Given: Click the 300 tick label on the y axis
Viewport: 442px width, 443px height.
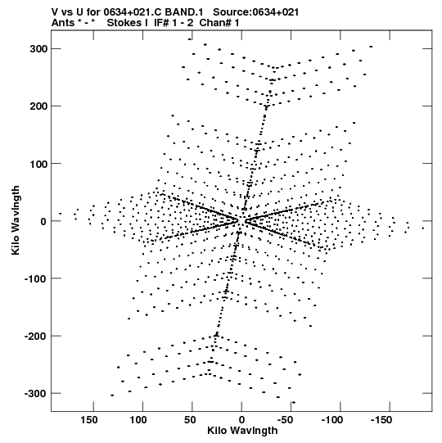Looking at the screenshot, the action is coord(38,49).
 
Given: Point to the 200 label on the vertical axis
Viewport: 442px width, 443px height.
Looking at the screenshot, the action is coord(38,106).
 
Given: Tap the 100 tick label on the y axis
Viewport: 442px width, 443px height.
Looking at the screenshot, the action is coord(38,164).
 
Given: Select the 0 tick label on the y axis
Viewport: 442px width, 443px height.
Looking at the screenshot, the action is coord(43,221).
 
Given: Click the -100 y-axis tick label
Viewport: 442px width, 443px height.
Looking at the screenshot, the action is coord(35,278).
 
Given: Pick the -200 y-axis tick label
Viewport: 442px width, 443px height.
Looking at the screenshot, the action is coord(35,337).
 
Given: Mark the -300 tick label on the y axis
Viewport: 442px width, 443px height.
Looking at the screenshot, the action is coord(35,394).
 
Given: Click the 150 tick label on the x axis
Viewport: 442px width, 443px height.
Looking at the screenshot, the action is coord(89,420).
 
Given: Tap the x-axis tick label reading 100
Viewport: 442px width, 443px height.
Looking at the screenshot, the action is coord(138,420).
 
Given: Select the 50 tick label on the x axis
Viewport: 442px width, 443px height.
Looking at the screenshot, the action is coord(190,420).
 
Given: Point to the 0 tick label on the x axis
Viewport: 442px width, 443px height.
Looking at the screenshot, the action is coord(241,420).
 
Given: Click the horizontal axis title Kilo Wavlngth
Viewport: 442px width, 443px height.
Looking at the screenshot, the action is coord(242,431).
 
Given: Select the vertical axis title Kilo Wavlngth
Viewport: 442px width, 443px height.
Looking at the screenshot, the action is coord(16,220).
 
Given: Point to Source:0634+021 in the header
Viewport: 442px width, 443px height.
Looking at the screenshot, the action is coord(256,12).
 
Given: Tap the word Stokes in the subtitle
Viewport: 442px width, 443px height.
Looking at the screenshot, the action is coord(124,23).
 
